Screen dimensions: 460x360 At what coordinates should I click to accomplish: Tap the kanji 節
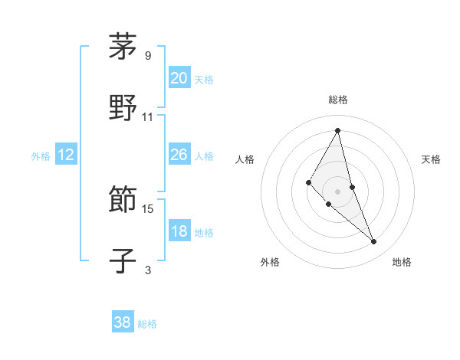click(123, 201)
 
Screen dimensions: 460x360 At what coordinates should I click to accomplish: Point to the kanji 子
click(123, 260)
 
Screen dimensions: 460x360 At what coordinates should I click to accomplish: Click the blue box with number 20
click(179, 78)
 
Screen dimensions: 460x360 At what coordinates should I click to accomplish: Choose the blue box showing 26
click(179, 155)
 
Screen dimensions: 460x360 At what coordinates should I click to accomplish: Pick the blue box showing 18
click(179, 231)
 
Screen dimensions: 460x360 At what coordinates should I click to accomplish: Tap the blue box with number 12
click(65, 155)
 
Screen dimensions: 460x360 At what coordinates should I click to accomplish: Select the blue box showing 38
click(122, 322)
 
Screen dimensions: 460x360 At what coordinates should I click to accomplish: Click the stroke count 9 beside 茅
click(148, 55)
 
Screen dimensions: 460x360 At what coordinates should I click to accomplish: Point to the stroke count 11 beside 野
click(148, 117)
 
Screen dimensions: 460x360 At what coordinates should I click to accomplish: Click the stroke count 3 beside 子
click(148, 270)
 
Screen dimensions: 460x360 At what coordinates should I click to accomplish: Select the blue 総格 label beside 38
click(147, 324)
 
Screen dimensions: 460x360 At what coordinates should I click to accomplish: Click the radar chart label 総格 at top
click(338, 100)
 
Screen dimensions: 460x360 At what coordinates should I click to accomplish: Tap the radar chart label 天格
click(431, 159)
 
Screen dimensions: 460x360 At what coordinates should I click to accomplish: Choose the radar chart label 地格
click(402, 262)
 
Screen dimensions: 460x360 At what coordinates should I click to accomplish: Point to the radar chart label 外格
click(270, 262)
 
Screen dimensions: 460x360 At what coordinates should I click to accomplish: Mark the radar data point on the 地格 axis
click(374, 242)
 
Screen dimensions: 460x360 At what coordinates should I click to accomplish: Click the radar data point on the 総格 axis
click(338, 129)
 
